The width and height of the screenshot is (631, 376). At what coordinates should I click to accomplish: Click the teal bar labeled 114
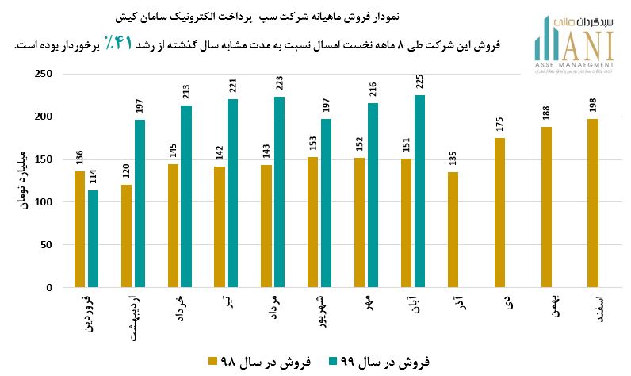click(x=94, y=239)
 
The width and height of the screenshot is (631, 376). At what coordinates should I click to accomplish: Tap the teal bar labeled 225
click(x=420, y=191)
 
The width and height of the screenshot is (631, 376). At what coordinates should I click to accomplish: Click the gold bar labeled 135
click(x=453, y=230)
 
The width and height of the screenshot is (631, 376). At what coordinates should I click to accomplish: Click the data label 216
click(x=373, y=90)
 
